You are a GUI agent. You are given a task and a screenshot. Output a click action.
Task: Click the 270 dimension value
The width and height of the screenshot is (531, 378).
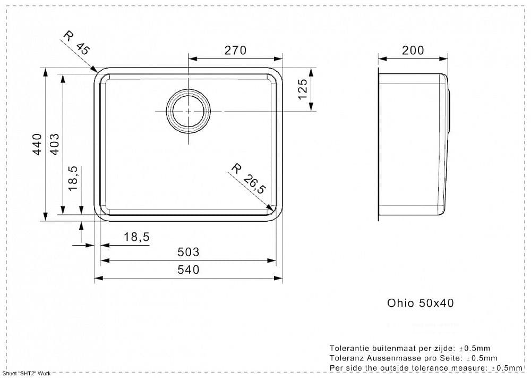point(235,50)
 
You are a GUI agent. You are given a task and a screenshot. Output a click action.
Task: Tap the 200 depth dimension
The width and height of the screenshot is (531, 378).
point(413,50)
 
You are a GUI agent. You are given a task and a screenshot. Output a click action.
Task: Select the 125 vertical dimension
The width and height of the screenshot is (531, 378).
point(303,89)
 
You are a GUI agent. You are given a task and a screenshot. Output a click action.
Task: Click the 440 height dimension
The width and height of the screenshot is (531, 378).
point(37,145)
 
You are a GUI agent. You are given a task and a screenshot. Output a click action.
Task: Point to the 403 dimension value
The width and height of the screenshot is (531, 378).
point(54,145)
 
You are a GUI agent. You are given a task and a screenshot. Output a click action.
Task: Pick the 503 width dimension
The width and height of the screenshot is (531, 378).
point(189,252)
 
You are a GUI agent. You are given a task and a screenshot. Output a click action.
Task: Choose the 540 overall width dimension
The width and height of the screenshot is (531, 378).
point(189,270)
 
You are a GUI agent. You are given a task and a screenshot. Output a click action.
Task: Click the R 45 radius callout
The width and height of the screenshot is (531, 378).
point(77,43)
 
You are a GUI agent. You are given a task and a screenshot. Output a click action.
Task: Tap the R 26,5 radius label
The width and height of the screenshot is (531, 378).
point(248,179)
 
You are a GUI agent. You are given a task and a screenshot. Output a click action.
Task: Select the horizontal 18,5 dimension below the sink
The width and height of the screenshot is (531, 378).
point(136,237)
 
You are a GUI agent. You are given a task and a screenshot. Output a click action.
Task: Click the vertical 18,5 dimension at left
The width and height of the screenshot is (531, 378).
point(73,178)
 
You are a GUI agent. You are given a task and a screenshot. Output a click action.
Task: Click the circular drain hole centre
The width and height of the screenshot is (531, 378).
point(188,111)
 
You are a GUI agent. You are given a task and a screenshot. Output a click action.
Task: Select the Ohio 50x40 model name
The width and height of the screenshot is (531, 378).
point(420,303)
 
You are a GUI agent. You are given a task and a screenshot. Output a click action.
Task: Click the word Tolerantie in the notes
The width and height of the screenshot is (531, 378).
point(349,348)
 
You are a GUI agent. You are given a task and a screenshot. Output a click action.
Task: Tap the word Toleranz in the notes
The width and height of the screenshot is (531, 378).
point(346,358)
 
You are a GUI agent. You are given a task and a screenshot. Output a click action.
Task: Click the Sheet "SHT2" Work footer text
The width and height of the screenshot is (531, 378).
point(27,373)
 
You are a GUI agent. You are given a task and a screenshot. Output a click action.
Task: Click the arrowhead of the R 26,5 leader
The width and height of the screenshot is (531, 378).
point(270,207)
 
